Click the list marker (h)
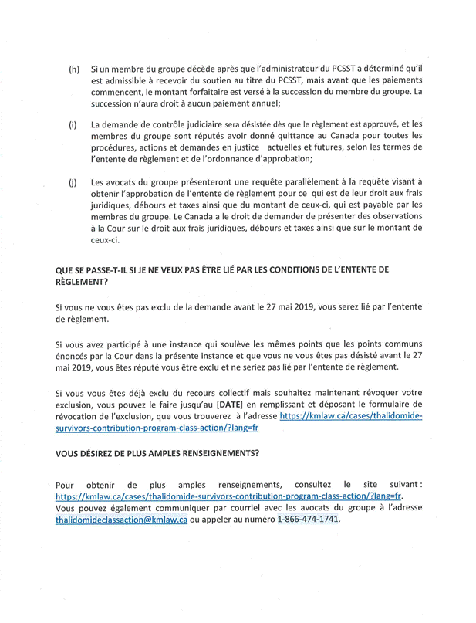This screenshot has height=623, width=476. (74, 69)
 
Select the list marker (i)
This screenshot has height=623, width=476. (73, 124)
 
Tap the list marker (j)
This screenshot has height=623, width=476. (73, 182)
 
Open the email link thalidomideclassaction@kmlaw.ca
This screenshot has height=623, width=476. (121, 520)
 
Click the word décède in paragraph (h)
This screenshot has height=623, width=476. (191, 69)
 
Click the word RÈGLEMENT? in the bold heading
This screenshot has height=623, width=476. (81, 282)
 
